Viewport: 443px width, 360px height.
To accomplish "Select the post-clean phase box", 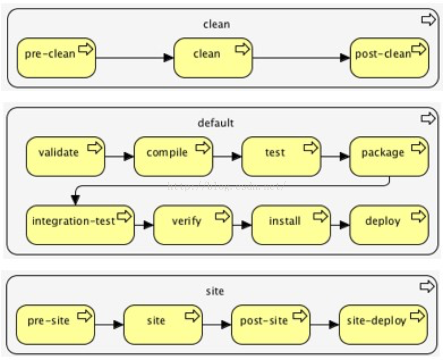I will tap(389, 57).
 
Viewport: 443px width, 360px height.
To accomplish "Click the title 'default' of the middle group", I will tap(216, 123).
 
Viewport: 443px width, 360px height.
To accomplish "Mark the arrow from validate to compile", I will tap(119, 157).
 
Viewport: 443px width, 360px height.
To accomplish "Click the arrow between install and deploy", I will tap(339, 225).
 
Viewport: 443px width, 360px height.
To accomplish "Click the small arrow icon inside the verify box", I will tap(223, 216).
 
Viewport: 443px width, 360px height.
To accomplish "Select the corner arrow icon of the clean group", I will tap(428, 20).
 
